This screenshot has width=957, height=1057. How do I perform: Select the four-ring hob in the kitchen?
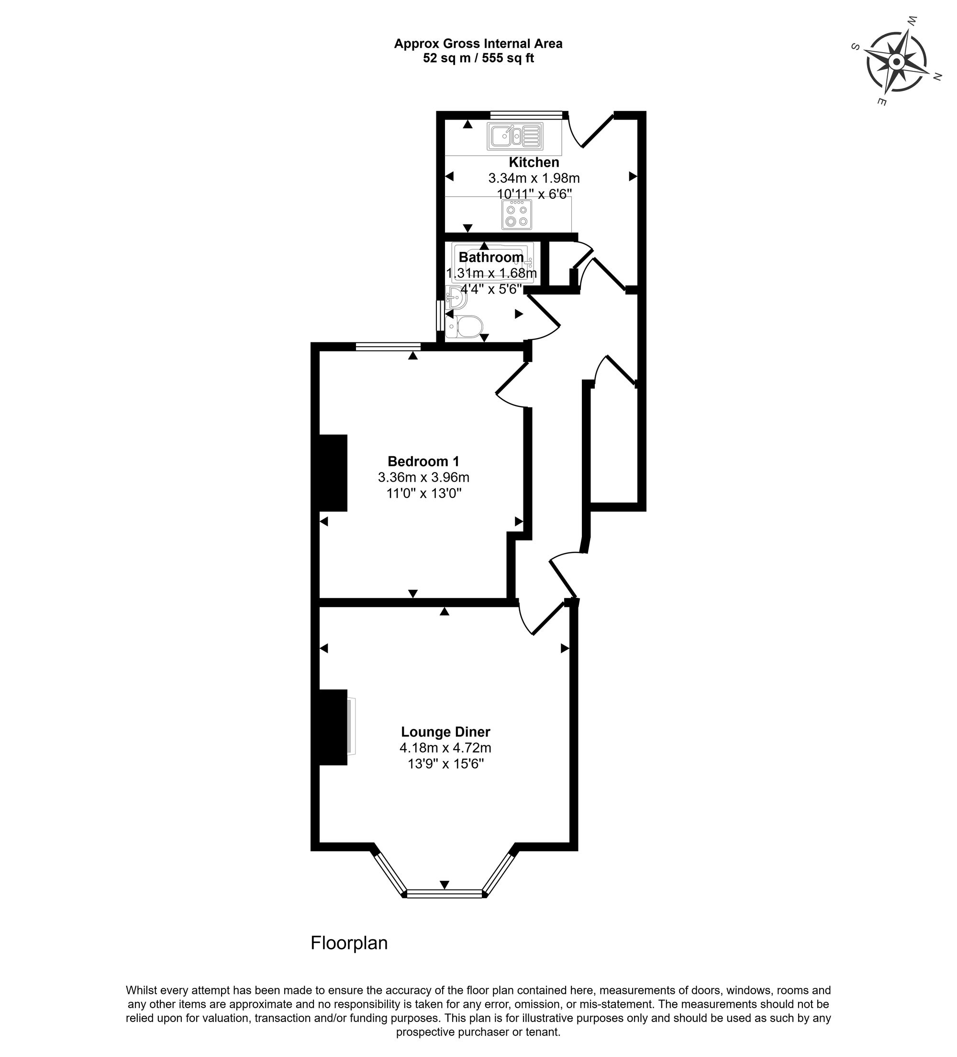coord(516,214)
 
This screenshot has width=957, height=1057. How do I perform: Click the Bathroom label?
coord(490,257)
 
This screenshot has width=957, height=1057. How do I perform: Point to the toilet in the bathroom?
coord(464,326)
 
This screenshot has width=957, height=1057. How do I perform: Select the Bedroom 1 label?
coord(423,461)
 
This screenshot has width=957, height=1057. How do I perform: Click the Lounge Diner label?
coord(445,731)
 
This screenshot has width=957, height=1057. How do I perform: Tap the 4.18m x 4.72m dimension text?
coord(445,748)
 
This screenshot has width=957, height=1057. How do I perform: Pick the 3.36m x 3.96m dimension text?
coord(423,477)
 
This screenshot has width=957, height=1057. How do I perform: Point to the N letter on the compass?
coord(937,77)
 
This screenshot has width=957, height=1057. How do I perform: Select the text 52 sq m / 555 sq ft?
coord(478,59)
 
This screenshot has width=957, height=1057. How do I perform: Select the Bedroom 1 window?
coord(388,346)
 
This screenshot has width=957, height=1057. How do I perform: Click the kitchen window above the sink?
coord(526,115)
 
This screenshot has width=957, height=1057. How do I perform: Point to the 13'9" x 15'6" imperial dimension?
coord(445,764)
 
